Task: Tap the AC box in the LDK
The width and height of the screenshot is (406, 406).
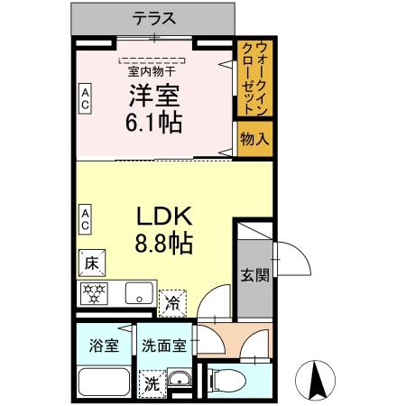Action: click(85, 217)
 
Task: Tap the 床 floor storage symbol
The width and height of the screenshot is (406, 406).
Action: click(91, 263)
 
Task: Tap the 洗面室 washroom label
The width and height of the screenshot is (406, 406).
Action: click(164, 346)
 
